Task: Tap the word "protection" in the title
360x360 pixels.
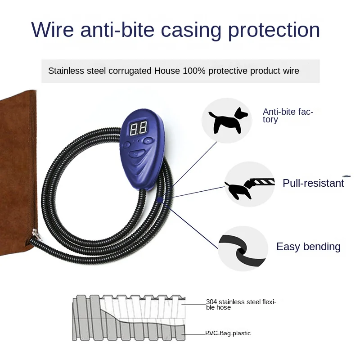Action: coord(274,30)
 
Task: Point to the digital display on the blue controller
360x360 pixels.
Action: coord(138,129)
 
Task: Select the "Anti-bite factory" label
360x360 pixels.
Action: coord(288,116)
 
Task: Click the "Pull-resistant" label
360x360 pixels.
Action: coord(313,183)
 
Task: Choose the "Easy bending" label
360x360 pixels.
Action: coord(308,247)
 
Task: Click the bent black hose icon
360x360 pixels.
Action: coord(242,248)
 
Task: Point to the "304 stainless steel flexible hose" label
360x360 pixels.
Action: coord(241,305)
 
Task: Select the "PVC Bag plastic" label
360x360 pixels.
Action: coord(228,333)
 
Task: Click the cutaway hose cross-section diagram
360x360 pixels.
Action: coord(128,317)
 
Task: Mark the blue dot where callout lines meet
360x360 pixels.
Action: coord(160,200)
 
